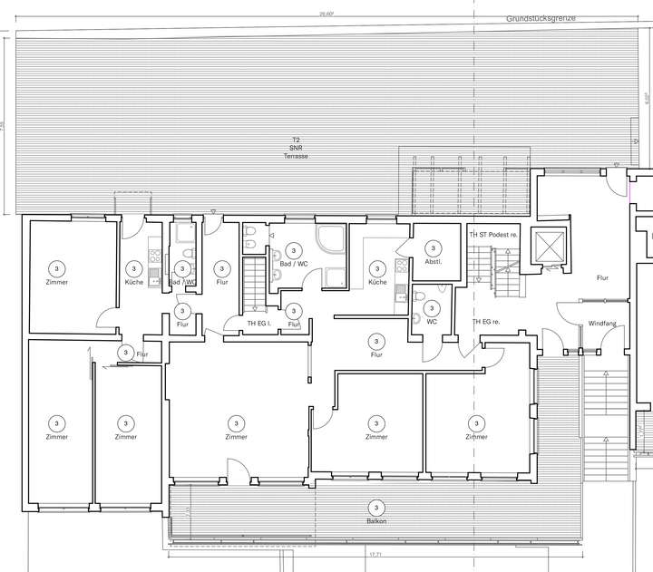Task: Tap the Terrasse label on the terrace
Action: click(296, 157)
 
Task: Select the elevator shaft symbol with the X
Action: click(551, 247)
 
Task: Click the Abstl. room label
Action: click(433, 262)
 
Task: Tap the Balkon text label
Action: click(376, 522)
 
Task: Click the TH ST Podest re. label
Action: click(494, 235)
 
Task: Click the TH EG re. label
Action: click(486, 323)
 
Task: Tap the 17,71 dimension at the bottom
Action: click(375, 553)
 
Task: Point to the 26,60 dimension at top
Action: click(326, 15)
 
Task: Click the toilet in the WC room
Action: click(416, 317)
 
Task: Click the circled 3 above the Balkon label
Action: click(376, 508)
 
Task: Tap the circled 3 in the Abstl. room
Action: click(433, 247)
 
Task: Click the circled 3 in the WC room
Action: click(432, 308)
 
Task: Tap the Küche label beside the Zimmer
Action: click(134, 283)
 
